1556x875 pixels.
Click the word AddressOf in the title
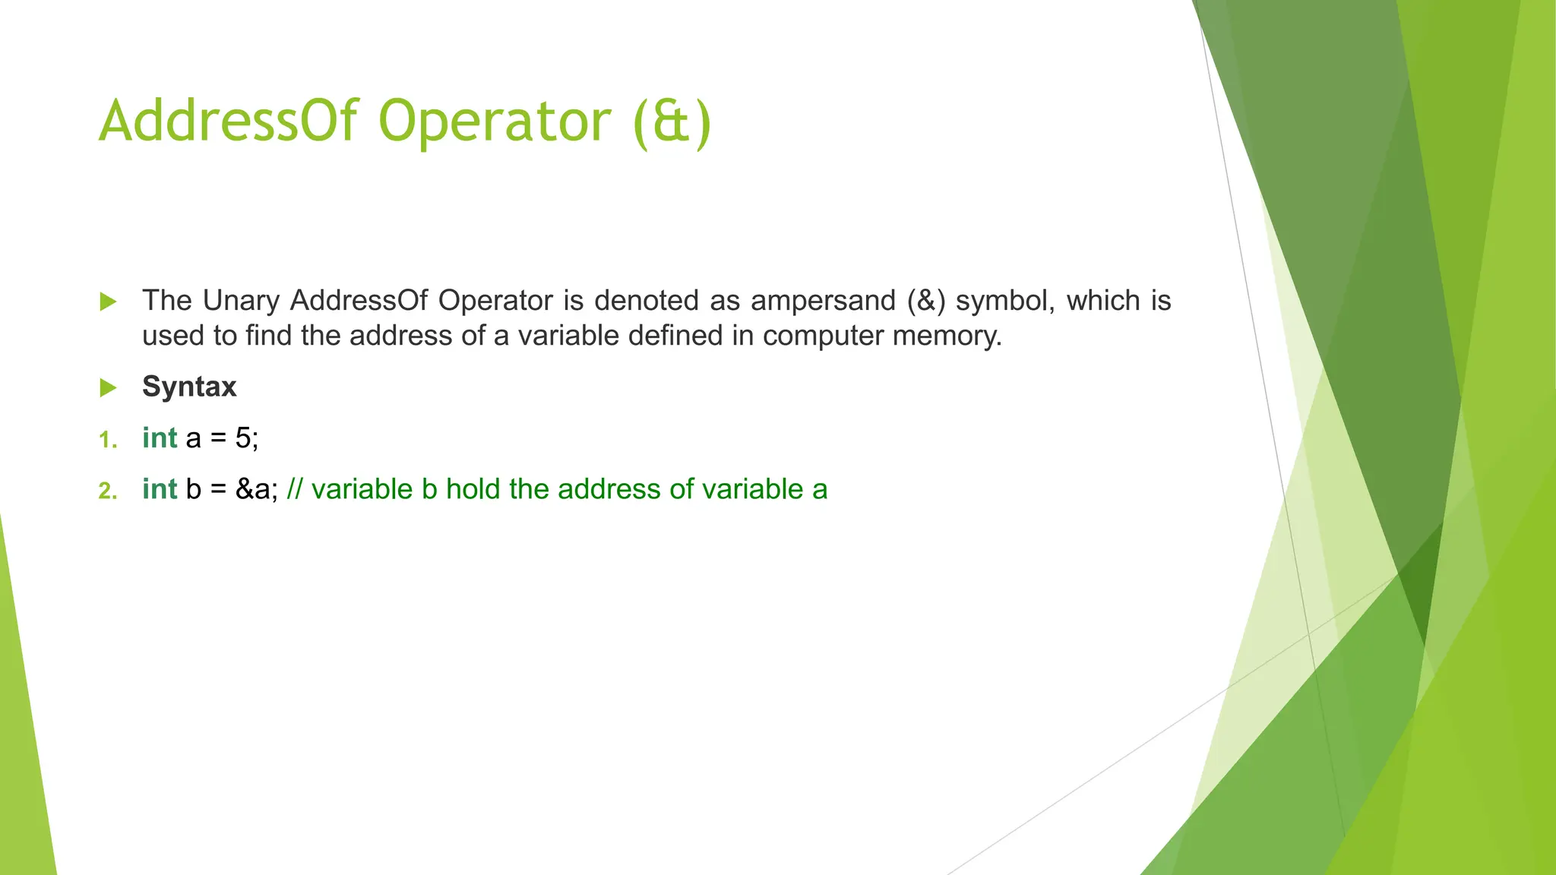(228, 122)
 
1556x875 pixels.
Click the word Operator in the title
(494, 122)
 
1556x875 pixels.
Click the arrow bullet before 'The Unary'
(108, 302)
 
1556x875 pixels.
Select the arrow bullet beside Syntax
(108, 388)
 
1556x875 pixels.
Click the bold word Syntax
(189, 387)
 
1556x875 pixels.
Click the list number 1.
(108, 440)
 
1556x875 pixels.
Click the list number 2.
(108, 491)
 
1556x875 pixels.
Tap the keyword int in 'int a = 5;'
(160, 438)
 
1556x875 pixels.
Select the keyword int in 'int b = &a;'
(160, 489)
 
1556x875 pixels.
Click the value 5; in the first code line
(247, 438)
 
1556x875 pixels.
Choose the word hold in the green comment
(473, 489)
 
